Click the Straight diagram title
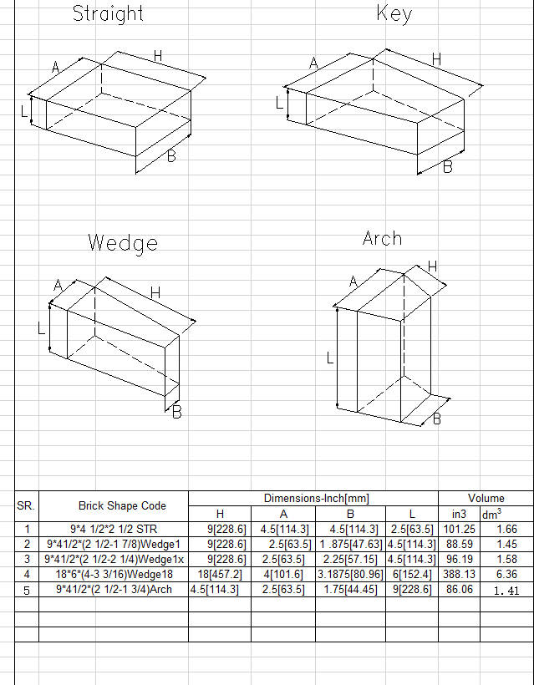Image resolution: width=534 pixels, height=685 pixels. [x=108, y=13]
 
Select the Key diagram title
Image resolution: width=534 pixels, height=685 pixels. [x=394, y=13]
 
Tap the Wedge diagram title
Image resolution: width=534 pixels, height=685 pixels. [x=122, y=244]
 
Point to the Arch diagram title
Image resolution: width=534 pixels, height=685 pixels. [x=382, y=238]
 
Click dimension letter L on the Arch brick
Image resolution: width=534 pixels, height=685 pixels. [x=330, y=358]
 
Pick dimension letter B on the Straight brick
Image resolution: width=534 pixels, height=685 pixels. [x=171, y=155]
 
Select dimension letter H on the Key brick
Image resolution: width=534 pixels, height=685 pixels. [x=436, y=59]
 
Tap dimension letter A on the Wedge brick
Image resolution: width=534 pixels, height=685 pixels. [x=58, y=286]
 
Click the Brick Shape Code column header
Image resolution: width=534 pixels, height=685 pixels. [x=122, y=505]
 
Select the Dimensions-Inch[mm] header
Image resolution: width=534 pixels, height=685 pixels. [x=317, y=498]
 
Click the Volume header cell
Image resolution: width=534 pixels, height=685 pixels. [x=486, y=498]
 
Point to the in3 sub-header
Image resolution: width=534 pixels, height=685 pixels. [x=459, y=514]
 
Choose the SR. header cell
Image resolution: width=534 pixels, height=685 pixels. [x=26, y=505]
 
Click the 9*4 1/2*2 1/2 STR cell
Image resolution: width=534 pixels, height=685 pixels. [x=114, y=529]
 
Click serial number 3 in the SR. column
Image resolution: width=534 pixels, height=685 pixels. [x=26, y=559]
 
